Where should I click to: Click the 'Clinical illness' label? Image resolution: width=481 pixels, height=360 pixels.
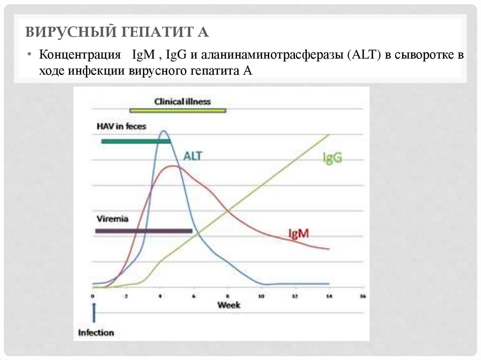pos(183,101)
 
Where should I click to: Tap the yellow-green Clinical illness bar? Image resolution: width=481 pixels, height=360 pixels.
pos(178,111)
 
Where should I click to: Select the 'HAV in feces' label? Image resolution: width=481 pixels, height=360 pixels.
pos(121,126)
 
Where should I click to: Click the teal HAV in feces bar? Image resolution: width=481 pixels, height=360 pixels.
pos(135,141)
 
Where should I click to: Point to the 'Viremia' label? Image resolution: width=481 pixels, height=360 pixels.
pos(112,219)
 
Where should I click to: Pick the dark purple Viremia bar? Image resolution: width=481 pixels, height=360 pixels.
pos(143,231)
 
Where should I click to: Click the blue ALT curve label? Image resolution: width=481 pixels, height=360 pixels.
pos(193,156)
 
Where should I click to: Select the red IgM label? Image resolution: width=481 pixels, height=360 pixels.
pos(298,233)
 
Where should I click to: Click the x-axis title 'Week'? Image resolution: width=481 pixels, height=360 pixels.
pos(228,305)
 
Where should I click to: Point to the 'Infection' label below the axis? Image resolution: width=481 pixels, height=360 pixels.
pos(96,333)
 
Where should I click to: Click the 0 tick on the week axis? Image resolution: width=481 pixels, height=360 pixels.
pos(93,297)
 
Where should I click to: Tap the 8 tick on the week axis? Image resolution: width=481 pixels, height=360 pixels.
pos(227,297)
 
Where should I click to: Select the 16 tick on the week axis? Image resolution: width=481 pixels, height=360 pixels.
pos(362,297)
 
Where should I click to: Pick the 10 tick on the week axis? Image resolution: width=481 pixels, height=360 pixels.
pos(261,297)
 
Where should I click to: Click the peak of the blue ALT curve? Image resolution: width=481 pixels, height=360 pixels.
pos(163,131)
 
